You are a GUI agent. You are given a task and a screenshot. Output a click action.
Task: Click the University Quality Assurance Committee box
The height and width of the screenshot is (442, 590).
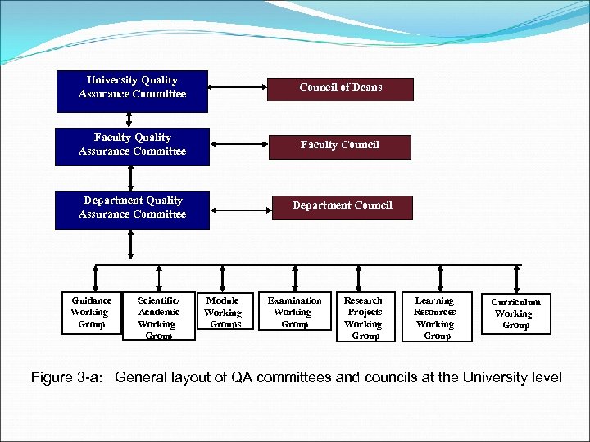[x=132, y=88]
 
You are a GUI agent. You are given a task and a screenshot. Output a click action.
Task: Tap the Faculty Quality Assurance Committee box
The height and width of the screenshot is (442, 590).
[x=132, y=145]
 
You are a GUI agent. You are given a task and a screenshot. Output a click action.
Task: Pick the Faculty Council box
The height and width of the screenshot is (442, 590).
[x=340, y=146]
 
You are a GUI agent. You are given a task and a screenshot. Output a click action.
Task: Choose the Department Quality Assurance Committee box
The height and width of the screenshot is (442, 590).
[x=132, y=208]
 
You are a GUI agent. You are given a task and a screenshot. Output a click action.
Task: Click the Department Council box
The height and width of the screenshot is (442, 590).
[x=342, y=206]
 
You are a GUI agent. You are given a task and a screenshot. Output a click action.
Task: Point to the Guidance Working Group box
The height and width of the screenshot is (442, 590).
[x=92, y=313]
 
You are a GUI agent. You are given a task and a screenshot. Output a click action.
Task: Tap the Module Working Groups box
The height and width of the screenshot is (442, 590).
[x=223, y=313]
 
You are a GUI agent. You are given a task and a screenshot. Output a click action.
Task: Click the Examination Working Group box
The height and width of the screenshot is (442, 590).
[x=294, y=313]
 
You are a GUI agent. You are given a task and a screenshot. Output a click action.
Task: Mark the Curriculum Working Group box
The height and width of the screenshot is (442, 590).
[x=515, y=313]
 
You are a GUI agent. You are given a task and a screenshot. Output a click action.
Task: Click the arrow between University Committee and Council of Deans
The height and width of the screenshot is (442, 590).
[x=238, y=86]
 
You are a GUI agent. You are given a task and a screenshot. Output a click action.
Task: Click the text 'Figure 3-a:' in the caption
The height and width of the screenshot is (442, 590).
[x=69, y=377]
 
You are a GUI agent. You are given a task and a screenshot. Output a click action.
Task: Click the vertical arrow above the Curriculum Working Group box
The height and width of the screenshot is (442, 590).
[x=516, y=278]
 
